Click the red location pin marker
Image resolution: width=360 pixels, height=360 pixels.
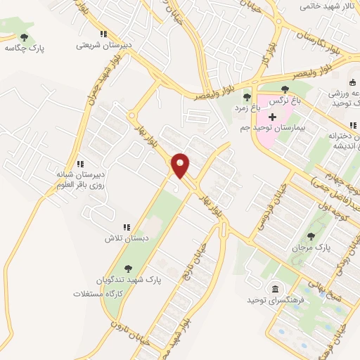(x=181, y=166)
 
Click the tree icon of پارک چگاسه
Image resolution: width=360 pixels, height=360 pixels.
(x=25, y=37)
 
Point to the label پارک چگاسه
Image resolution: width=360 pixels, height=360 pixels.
(x=22, y=48)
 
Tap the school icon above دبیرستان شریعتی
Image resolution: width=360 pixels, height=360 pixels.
(x=104, y=33)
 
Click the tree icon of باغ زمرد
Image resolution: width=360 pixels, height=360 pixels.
(x=246, y=98)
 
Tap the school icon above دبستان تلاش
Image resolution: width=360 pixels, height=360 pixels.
(x=127, y=227)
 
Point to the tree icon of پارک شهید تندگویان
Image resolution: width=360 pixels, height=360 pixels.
(x=127, y=268)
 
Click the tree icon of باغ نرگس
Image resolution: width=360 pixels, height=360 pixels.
(x=285, y=89)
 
